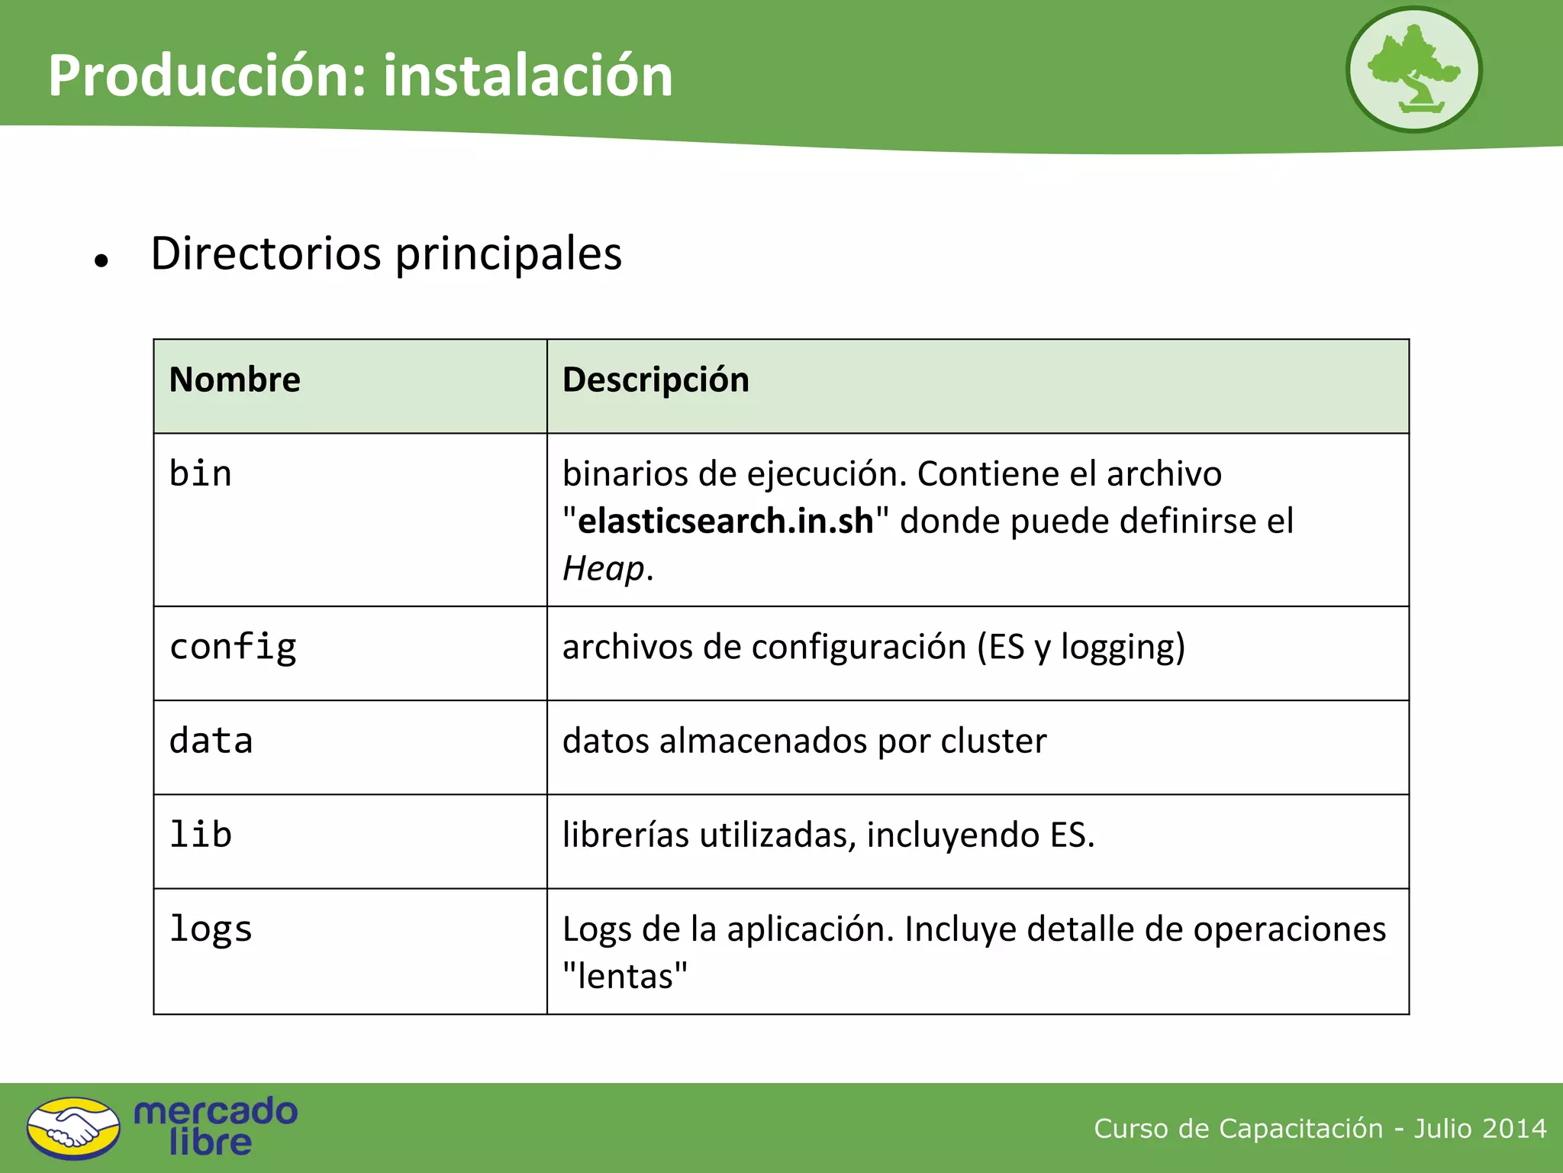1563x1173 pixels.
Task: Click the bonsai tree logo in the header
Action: [1413, 69]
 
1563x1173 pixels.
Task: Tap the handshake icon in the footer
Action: [73, 1128]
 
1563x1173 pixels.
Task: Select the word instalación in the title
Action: [528, 76]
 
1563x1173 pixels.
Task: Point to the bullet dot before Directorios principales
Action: [102, 261]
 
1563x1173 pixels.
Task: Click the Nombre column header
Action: [235, 380]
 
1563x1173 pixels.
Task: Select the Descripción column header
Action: [656, 380]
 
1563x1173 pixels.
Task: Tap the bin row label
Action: [201, 473]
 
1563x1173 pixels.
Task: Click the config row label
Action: [233, 648]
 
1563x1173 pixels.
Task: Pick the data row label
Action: [211, 741]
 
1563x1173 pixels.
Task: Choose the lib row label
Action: [201, 834]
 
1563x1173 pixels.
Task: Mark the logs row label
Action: [211, 929]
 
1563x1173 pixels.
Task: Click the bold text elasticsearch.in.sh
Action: [726, 521]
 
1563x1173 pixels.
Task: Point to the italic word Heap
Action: [604, 569]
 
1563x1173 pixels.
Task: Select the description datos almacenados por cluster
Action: [804, 741]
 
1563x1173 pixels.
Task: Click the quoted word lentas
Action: [625, 976]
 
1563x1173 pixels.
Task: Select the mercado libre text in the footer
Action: [215, 1126]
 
